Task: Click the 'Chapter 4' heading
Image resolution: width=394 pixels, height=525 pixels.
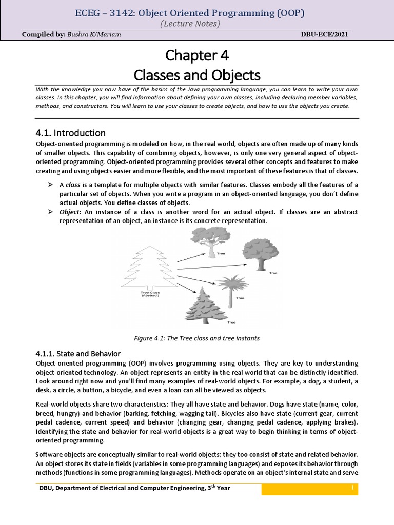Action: (x=197, y=55)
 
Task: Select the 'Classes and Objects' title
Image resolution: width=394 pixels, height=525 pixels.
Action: (x=197, y=75)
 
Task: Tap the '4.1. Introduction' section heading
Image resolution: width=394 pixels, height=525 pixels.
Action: (x=70, y=133)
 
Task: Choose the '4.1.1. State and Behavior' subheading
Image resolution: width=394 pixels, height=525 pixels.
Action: (x=78, y=354)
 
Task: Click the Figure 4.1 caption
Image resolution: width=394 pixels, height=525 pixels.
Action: (x=197, y=338)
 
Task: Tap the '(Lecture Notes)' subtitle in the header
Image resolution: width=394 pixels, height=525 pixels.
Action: (x=197, y=24)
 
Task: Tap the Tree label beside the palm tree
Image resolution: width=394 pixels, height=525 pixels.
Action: (x=240, y=298)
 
